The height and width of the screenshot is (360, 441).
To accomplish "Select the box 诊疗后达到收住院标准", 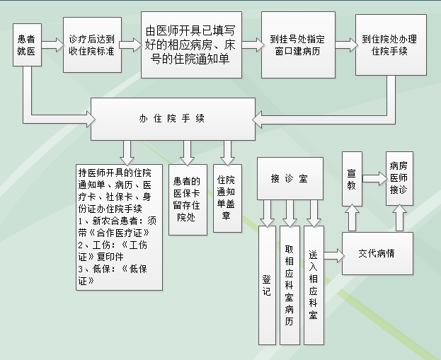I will click(92, 45).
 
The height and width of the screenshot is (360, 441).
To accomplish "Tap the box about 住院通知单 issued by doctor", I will click(191, 45).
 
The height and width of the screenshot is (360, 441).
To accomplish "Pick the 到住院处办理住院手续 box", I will click(386, 45).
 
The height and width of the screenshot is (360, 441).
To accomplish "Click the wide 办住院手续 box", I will click(172, 119).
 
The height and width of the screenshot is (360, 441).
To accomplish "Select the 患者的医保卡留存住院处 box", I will click(187, 199).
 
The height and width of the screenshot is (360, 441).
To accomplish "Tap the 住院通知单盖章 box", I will click(226, 199).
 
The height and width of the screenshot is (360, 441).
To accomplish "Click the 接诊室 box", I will click(289, 178).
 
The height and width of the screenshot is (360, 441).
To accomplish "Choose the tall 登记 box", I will click(267, 291).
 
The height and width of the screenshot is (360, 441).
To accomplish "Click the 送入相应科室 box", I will click(313, 283).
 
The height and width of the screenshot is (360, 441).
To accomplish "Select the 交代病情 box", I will click(376, 252).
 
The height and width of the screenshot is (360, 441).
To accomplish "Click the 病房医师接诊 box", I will click(399, 178).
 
